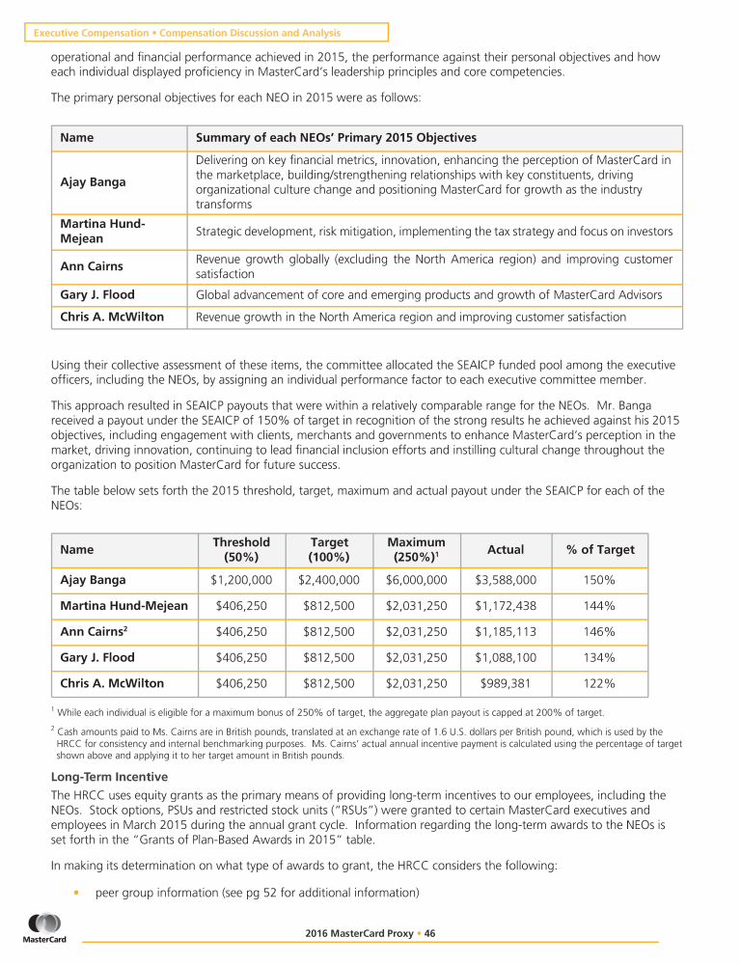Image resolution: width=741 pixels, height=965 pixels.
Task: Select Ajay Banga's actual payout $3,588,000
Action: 506,580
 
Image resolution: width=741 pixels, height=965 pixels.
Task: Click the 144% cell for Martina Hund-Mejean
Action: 599,606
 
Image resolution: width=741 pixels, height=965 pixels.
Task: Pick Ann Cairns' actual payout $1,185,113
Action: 506,632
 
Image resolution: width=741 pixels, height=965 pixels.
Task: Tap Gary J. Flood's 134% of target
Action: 599,657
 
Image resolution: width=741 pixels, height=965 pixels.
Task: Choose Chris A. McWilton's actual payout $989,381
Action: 506,683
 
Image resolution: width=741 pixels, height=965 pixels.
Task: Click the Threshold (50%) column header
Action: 240,549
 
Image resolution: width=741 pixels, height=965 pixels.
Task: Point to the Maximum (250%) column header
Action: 416,549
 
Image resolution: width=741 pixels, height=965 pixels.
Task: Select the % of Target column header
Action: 599,549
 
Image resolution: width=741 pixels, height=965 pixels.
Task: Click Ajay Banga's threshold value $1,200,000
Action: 240,580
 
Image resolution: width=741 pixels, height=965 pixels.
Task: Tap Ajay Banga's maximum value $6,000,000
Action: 416,580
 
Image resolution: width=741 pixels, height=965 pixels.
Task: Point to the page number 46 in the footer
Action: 429,933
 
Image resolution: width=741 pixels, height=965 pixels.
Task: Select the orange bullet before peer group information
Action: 75,892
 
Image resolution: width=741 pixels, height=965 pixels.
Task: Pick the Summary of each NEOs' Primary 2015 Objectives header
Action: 336,138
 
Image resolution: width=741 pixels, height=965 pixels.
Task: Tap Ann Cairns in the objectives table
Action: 90,266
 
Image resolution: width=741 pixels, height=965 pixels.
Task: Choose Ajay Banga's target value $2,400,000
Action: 329,580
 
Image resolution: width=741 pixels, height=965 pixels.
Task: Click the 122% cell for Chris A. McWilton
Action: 599,683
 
